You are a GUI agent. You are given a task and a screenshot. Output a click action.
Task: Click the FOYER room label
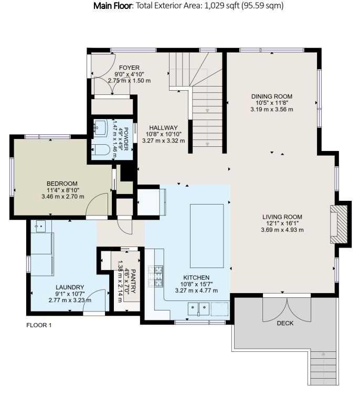129,68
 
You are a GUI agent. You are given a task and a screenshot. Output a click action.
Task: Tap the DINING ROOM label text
272,96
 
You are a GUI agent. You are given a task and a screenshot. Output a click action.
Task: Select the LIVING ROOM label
282,217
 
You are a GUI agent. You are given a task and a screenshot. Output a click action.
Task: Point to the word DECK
285,323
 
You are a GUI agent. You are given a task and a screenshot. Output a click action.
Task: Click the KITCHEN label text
196,278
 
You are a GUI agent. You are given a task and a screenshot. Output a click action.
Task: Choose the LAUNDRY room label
70,287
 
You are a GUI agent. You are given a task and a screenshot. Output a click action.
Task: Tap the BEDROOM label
62,184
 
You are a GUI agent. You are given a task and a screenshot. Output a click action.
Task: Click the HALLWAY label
163,127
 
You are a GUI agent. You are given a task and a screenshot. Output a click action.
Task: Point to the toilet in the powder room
100,150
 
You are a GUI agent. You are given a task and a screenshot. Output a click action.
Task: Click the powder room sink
101,127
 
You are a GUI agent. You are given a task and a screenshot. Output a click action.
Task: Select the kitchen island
207,236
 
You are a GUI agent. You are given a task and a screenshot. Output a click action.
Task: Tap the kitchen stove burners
155,276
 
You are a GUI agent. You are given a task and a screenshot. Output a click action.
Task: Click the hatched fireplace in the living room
338,224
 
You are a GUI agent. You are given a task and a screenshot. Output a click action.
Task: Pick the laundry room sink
40,226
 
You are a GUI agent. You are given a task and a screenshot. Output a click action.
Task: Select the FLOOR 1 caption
39,325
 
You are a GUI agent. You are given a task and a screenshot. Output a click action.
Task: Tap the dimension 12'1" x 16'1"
282,223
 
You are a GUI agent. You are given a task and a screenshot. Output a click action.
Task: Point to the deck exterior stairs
324,367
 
